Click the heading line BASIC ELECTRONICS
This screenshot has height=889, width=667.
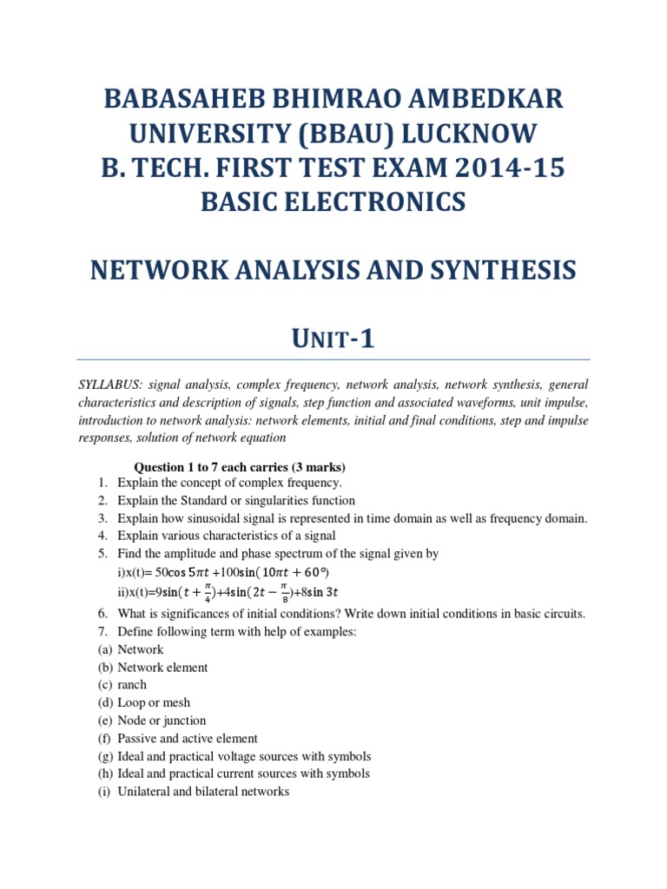[333, 201]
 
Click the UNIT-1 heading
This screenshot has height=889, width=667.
[333, 337]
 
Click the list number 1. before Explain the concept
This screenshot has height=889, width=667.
[102, 483]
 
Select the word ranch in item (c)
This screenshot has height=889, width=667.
[132, 685]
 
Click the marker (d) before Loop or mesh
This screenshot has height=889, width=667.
[103, 702]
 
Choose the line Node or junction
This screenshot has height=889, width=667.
[162, 721]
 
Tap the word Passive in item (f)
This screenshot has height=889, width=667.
[138, 738]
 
